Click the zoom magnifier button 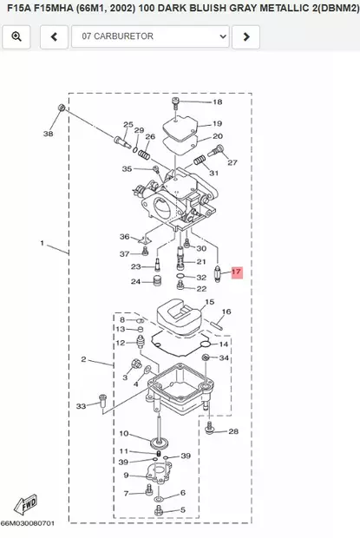pos(16,36)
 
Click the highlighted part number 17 pos(237,272)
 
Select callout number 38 pos(48,134)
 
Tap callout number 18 pos(217,102)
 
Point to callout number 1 pos(41,244)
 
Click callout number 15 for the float pos(207,303)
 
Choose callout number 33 pos(82,405)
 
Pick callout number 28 pos(233,431)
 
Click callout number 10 pos(124,433)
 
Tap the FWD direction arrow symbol pos(26,504)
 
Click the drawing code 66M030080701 pos(28,524)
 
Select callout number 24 pos(136,281)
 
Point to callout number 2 pos(83,359)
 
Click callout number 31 pos(213,173)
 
